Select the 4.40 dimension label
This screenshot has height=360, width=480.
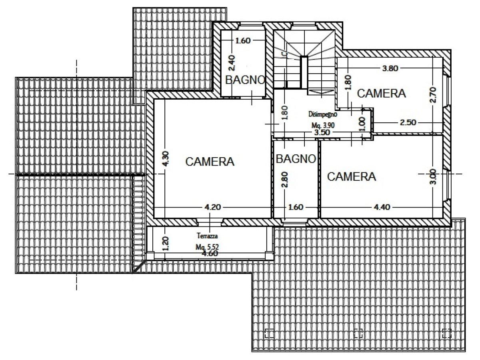point(382,207)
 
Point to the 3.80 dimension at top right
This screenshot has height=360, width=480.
point(390,68)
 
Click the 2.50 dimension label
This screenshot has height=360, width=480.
point(408,123)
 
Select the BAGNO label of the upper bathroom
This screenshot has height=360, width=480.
point(245,80)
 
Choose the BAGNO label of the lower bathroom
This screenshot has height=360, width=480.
point(296,159)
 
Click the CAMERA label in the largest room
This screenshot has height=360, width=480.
point(210,162)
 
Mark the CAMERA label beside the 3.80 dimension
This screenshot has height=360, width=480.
point(381,94)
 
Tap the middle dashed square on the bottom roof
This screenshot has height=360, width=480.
point(358,332)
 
